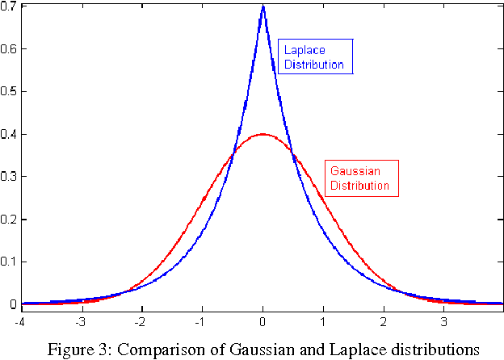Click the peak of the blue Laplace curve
click(262, 7)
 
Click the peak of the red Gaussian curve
click(262, 135)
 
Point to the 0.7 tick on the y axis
click(8, 6)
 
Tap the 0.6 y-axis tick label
click(8, 48)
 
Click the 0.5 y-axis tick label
click(8, 91)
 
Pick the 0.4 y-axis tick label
click(8, 134)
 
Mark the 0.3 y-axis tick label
click(8, 177)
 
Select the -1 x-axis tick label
click(201, 320)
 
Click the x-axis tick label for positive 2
click(384, 320)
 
